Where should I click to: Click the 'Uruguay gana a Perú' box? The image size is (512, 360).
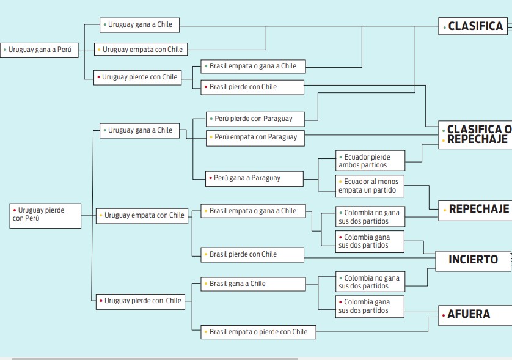pos(39,50)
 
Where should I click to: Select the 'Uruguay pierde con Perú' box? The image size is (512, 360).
pos(45,216)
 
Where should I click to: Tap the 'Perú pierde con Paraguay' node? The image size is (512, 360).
pos(255,119)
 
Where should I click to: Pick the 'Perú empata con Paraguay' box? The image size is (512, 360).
pos(255,138)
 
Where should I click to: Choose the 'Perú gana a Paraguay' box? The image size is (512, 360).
pos(254,178)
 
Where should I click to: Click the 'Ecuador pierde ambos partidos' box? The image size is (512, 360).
pos(370,160)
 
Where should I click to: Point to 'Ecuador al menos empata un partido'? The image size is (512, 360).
pos(370,186)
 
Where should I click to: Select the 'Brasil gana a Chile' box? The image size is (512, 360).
pos(254,284)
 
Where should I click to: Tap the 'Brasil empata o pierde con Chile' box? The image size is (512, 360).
pos(258,332)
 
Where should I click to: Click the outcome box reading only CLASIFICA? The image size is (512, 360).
pos(473,26)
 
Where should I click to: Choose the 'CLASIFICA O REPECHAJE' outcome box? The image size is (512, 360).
pos(475,134)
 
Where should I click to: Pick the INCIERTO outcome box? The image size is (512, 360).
pos(473,261)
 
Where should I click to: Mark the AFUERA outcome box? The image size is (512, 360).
pos(475,315)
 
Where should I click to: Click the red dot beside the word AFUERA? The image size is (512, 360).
pos(444,315)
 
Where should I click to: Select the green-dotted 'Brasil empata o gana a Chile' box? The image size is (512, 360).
pos(253,66)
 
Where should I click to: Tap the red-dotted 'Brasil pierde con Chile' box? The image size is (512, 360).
pos(252,87)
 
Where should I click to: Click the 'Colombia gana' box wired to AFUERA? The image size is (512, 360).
pos(370,306)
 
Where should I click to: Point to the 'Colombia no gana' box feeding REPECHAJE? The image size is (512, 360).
pos(370,216)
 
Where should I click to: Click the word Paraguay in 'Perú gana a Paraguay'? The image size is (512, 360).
pos(265,178)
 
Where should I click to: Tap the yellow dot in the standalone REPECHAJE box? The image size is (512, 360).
pos(445,210)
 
